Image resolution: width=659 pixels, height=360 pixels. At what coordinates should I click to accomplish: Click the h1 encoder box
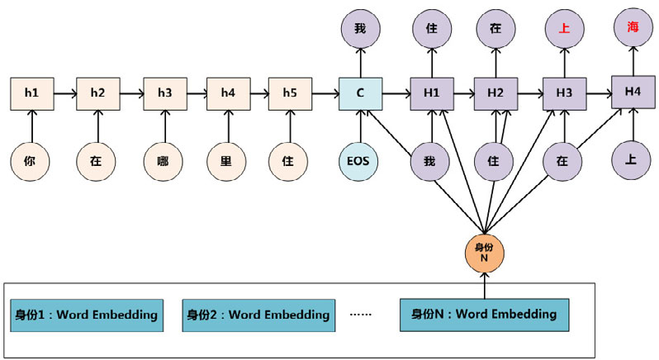pos(31,93)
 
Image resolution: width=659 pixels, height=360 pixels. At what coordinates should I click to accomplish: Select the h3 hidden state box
pos(164,93)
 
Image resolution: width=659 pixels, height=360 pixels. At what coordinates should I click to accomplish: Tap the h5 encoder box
pos(290,93)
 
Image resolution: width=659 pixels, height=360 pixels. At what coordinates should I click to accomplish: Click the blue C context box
pos(361,93)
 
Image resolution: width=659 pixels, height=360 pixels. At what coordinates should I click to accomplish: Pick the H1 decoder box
pos(431,93)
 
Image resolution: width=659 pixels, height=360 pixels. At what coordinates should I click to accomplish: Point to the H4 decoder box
pos(633,92)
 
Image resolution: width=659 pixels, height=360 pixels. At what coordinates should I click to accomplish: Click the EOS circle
pos(361,161)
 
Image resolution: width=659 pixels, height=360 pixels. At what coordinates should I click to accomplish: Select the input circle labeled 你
pos(31,161)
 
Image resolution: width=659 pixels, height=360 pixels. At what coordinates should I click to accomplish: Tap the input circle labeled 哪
pos(164,161)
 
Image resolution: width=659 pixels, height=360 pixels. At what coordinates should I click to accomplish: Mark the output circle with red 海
pos(633,27)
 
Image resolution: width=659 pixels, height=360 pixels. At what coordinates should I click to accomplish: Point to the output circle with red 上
pos(565,27)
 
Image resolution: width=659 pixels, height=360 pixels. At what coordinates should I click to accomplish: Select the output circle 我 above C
pos(361,27)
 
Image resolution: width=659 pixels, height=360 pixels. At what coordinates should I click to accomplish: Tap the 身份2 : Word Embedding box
pos(258,315)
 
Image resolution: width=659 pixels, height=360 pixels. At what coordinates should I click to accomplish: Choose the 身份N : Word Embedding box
pos(484,315)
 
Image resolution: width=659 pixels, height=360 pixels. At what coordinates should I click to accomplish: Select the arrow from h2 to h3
pos(131,93)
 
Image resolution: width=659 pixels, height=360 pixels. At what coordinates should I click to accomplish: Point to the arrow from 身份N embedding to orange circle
pos(485,286)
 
